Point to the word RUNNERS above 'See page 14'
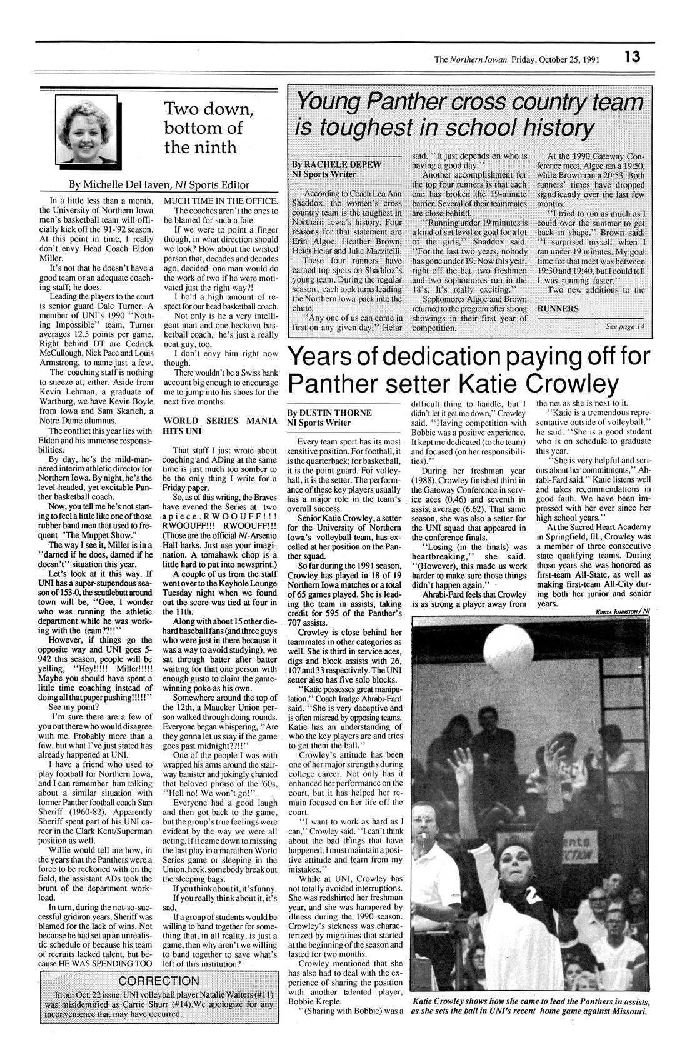click(559, 309)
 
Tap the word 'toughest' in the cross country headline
click(349, 129)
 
